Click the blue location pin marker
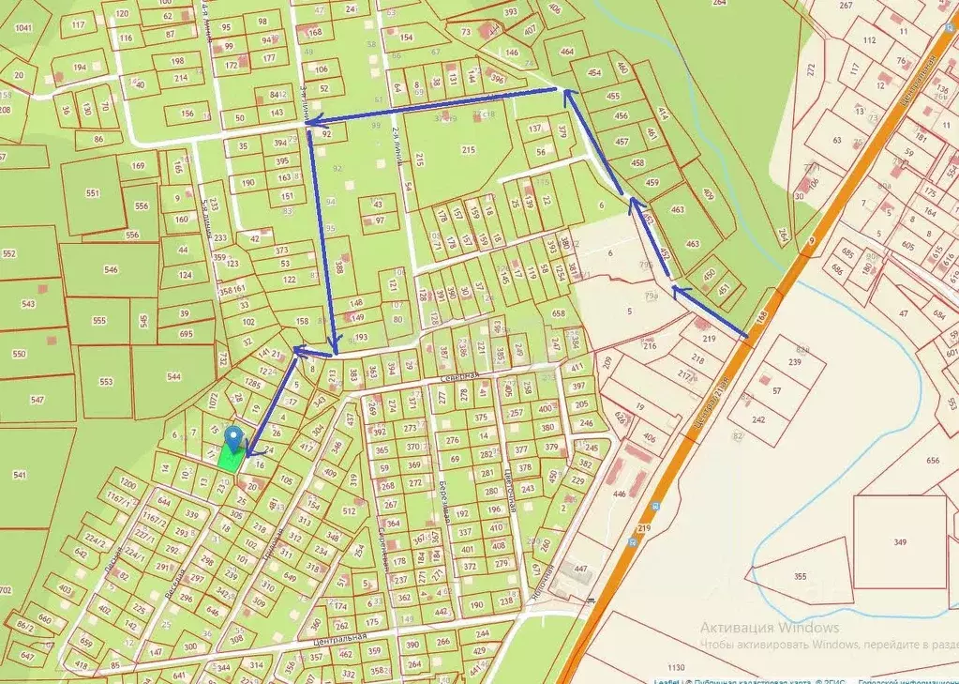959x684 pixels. (x=234, y=437)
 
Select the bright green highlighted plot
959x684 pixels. (x=228, y=458)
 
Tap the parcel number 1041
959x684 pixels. (x=23, y=28)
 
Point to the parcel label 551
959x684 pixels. (x=92, y=193)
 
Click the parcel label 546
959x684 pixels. (x=112, y=269)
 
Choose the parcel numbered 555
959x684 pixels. (x=99, y=320)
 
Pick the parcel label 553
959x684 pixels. (x=106, y=382)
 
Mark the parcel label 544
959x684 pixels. (x=173, y=376)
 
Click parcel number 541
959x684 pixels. (x=19, y=476)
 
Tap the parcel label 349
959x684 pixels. (x=900, y=542)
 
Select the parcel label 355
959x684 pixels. (x=800, y=576)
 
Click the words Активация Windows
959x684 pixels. (x=770, y=628)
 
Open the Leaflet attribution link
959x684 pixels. (x=667, y=679)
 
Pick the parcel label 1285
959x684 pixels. (x=253, y=384)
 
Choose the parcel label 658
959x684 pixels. (x=559, y=313)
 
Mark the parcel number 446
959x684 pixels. (x=619, y=494)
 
